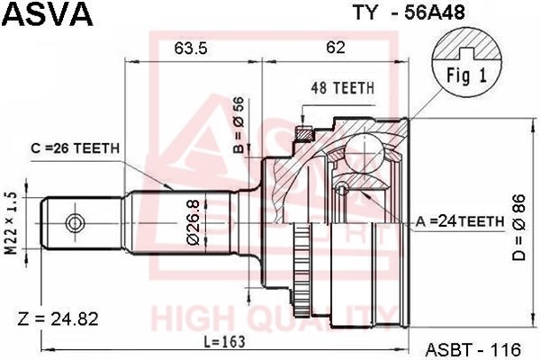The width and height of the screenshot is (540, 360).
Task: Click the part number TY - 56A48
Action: [x=409, y=13]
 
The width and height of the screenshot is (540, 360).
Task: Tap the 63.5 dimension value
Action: [x=191, y=48]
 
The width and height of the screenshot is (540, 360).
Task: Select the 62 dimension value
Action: [x=336, y=47]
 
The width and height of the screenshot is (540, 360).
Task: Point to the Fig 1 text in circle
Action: [x=466, y=75]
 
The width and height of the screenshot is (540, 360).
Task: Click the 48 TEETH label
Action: [x=342, y=88]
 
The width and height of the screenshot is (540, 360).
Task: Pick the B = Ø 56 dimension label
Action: [x=238, y=125]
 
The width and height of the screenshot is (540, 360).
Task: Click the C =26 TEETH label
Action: [x=75, y=148]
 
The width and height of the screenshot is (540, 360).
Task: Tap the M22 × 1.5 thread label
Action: [x=12, y=223]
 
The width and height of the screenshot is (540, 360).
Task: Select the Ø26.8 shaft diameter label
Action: [x=193, y=222]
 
